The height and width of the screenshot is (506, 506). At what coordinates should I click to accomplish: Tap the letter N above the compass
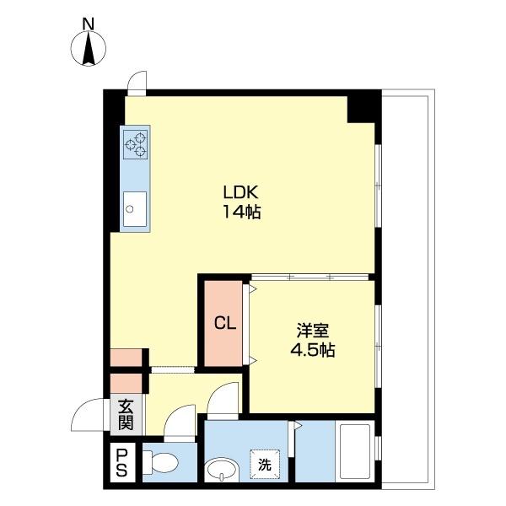tap(89, 24)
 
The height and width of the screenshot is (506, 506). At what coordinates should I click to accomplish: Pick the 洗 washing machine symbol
tap(265, 462)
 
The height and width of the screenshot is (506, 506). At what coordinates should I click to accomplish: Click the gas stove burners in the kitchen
tap(136, 143)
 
